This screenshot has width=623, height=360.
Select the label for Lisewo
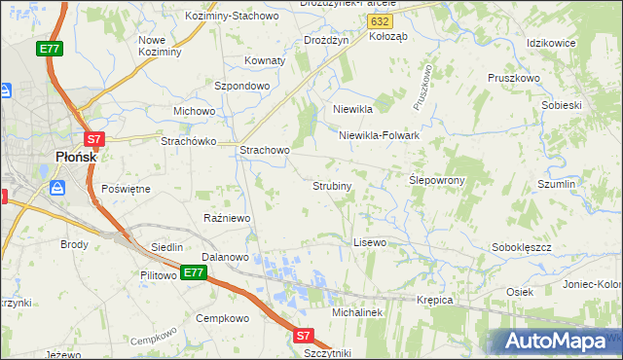370,241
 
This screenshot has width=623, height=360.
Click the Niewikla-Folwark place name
379,135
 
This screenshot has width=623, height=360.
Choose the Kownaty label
265,60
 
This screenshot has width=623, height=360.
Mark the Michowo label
194,111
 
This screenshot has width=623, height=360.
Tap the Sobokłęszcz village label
523,247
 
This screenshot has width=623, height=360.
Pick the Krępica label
435,300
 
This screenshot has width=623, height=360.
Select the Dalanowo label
226,257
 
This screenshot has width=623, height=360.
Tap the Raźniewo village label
227,218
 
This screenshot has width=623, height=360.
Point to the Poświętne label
126,188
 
